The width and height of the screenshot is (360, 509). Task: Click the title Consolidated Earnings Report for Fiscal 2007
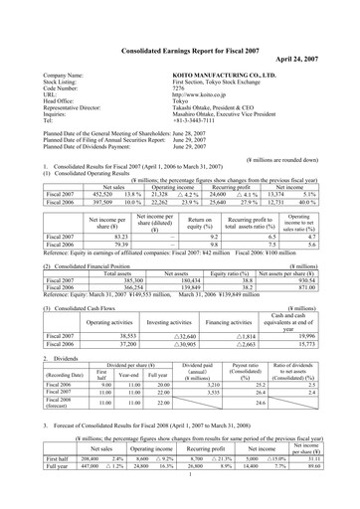tap(179, 19)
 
